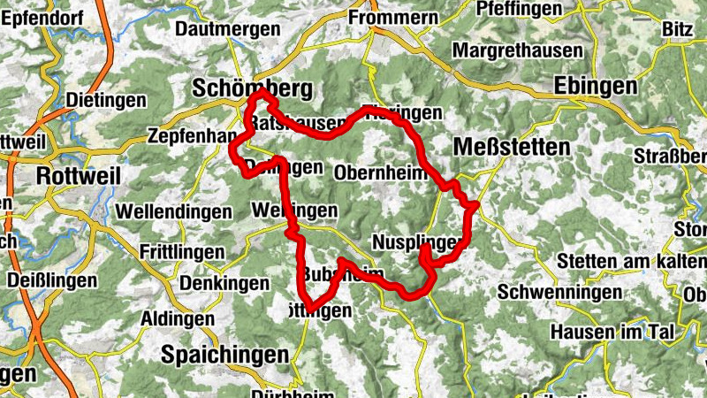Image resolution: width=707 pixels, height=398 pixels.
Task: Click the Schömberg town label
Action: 252,89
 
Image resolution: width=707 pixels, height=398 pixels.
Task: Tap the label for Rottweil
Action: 78,176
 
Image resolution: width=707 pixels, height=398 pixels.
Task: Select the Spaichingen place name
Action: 224,355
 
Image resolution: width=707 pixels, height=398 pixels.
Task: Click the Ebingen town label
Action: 595,86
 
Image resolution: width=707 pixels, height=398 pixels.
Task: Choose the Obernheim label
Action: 381,173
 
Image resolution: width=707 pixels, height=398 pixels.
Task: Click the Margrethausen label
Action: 517,50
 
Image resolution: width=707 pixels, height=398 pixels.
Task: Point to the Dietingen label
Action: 106,100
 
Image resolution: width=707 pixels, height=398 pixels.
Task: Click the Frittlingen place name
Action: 181,252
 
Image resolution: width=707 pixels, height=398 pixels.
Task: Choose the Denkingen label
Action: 224,283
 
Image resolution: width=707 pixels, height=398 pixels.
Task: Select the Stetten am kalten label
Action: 631,262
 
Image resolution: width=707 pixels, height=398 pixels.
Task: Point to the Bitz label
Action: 677,28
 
